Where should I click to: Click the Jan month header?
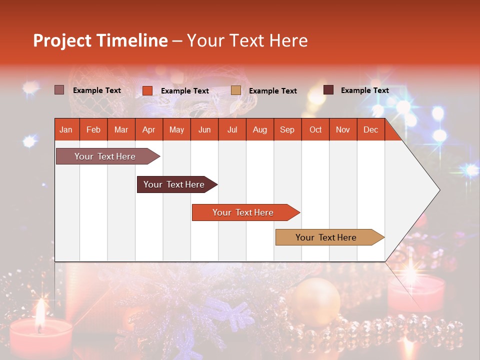pos(66,129)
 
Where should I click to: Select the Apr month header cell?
pos(148,129)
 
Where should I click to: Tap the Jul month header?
pos(232,129)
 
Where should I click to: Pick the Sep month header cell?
pos(287,129)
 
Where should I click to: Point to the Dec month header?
pos(370,129)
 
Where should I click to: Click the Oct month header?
pos(315,129)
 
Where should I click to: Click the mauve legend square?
pos(59,90)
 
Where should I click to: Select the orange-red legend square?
pos(147,90)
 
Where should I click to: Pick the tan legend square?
pos(236,90)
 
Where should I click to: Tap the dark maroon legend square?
pos(328,90)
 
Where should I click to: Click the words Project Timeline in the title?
pos(100,40)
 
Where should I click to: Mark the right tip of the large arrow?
pos(439,190)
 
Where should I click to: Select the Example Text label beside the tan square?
pos(272,91)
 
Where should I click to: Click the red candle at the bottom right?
pos(416,295)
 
